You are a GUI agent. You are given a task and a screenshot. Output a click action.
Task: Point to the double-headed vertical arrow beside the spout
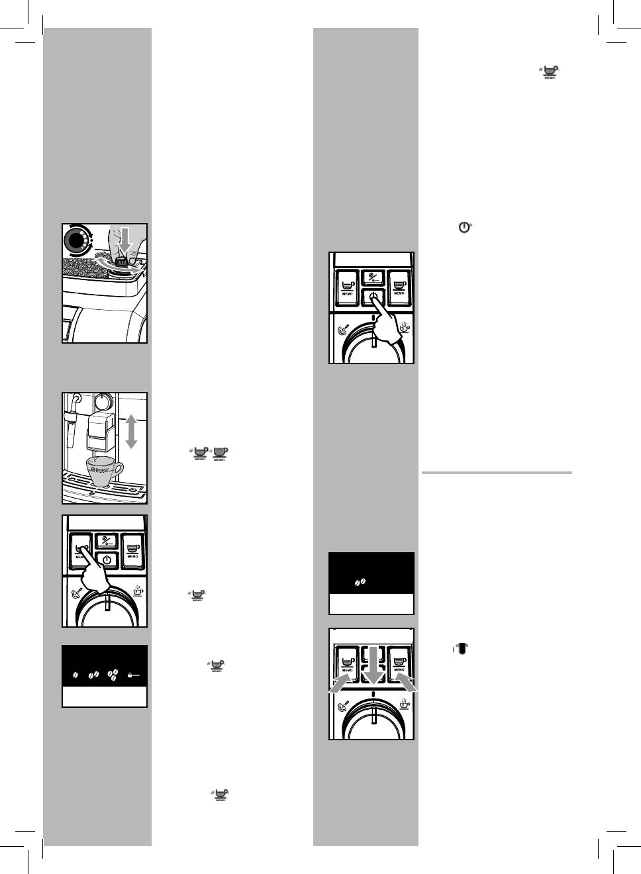point(131,431)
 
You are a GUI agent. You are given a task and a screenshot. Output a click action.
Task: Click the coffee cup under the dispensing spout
point(103,471)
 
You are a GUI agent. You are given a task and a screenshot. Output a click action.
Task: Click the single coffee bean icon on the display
point(75,675)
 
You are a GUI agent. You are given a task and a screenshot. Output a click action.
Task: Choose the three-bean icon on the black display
point(113,675)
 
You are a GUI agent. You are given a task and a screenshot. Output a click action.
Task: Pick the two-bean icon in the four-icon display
point(93,675)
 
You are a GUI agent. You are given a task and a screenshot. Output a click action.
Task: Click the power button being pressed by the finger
point(373,297)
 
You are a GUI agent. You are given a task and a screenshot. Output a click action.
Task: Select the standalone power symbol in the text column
point(464,227)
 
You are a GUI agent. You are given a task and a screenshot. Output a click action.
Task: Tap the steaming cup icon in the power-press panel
point(404,328)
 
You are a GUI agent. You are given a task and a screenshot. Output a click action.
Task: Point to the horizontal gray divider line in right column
point(496,473)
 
